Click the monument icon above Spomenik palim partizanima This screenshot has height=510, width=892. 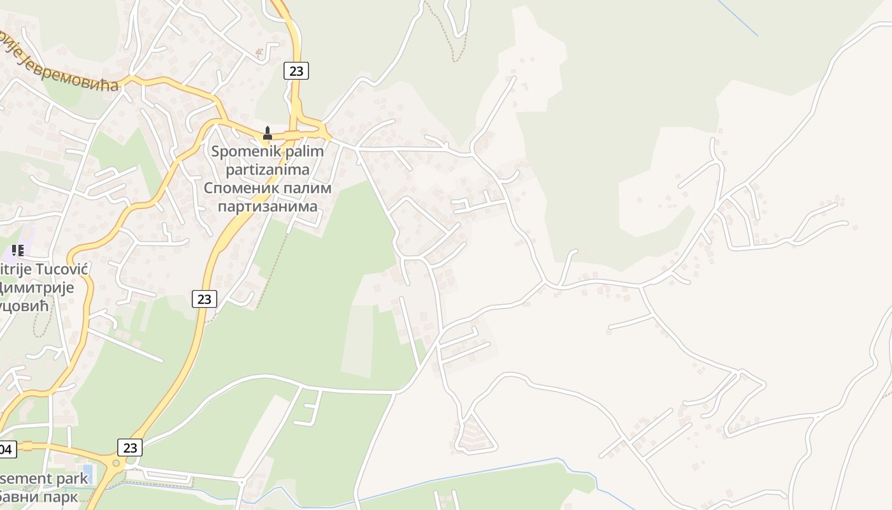pos(268,133)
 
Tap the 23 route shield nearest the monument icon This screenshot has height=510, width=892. pos(296,71)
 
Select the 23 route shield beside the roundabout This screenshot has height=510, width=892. pos(130,448)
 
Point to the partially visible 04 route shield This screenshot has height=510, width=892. pos(6,449)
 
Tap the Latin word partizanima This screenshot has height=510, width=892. pos(268,170)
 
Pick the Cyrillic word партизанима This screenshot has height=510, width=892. pos(268,207)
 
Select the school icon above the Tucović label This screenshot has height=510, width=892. pos(18,251)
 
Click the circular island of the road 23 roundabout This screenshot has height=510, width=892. pos(116,463)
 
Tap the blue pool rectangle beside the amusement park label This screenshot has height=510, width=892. pos(87,474)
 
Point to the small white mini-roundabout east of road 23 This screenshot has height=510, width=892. pos(241,483)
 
